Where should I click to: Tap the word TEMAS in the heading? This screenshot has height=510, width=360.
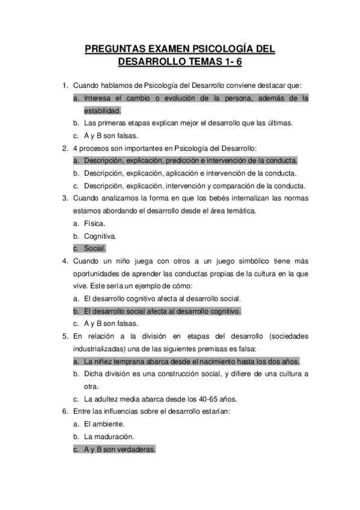[x=206, y=61]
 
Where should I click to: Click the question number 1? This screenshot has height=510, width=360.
[x=64, y=85]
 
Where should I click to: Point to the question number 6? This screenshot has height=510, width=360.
[x=64, y=411]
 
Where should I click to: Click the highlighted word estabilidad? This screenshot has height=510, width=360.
[x=102, y=110]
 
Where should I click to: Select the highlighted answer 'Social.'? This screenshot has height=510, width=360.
[x=95, y=248]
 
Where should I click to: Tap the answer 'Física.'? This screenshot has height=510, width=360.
[x=95, y=223]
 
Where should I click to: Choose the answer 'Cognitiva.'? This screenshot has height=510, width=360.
[x=100, y=236]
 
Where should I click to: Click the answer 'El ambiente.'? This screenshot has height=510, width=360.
[x=104, y=424]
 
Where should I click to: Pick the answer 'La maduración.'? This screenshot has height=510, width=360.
[x=109, y=437]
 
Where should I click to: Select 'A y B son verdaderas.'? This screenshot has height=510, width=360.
[x=120, y=449]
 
